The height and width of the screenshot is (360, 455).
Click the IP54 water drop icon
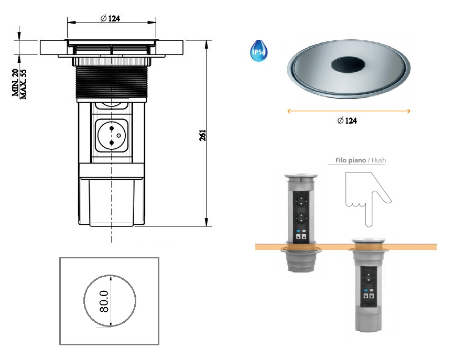pos(258,51)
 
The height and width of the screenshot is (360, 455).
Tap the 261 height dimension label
pos(202,136)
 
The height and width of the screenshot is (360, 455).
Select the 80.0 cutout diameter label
pos(104,301)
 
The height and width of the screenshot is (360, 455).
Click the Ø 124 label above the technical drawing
pos(110,18)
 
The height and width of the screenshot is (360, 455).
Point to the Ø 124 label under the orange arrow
pos(347,121)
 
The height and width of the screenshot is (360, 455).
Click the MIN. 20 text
pos(15,83)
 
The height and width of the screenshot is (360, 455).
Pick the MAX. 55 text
pos(23,84)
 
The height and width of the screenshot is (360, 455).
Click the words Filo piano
pos(351,160)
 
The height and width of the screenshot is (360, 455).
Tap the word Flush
pos(378,160)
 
